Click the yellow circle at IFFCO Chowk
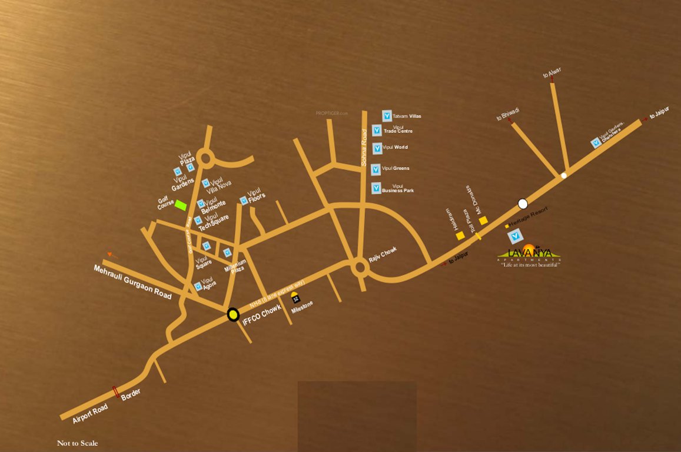click(x=234, y=315)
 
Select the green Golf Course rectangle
click(x=181, y=206)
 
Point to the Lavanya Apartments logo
click(x=529, y=254)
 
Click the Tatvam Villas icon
click(x=387, y=115)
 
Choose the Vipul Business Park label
click(x=398, y=189)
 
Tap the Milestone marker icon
click(x=295, y=297)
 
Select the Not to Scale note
click(x=77, y=443)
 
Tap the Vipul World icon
click(x=377, y=148)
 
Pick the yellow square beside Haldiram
click(x=460, y=235)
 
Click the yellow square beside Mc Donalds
click(x=483, y=220)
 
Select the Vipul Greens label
click(x=396, y=168)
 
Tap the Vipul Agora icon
click(x=198, y=286)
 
